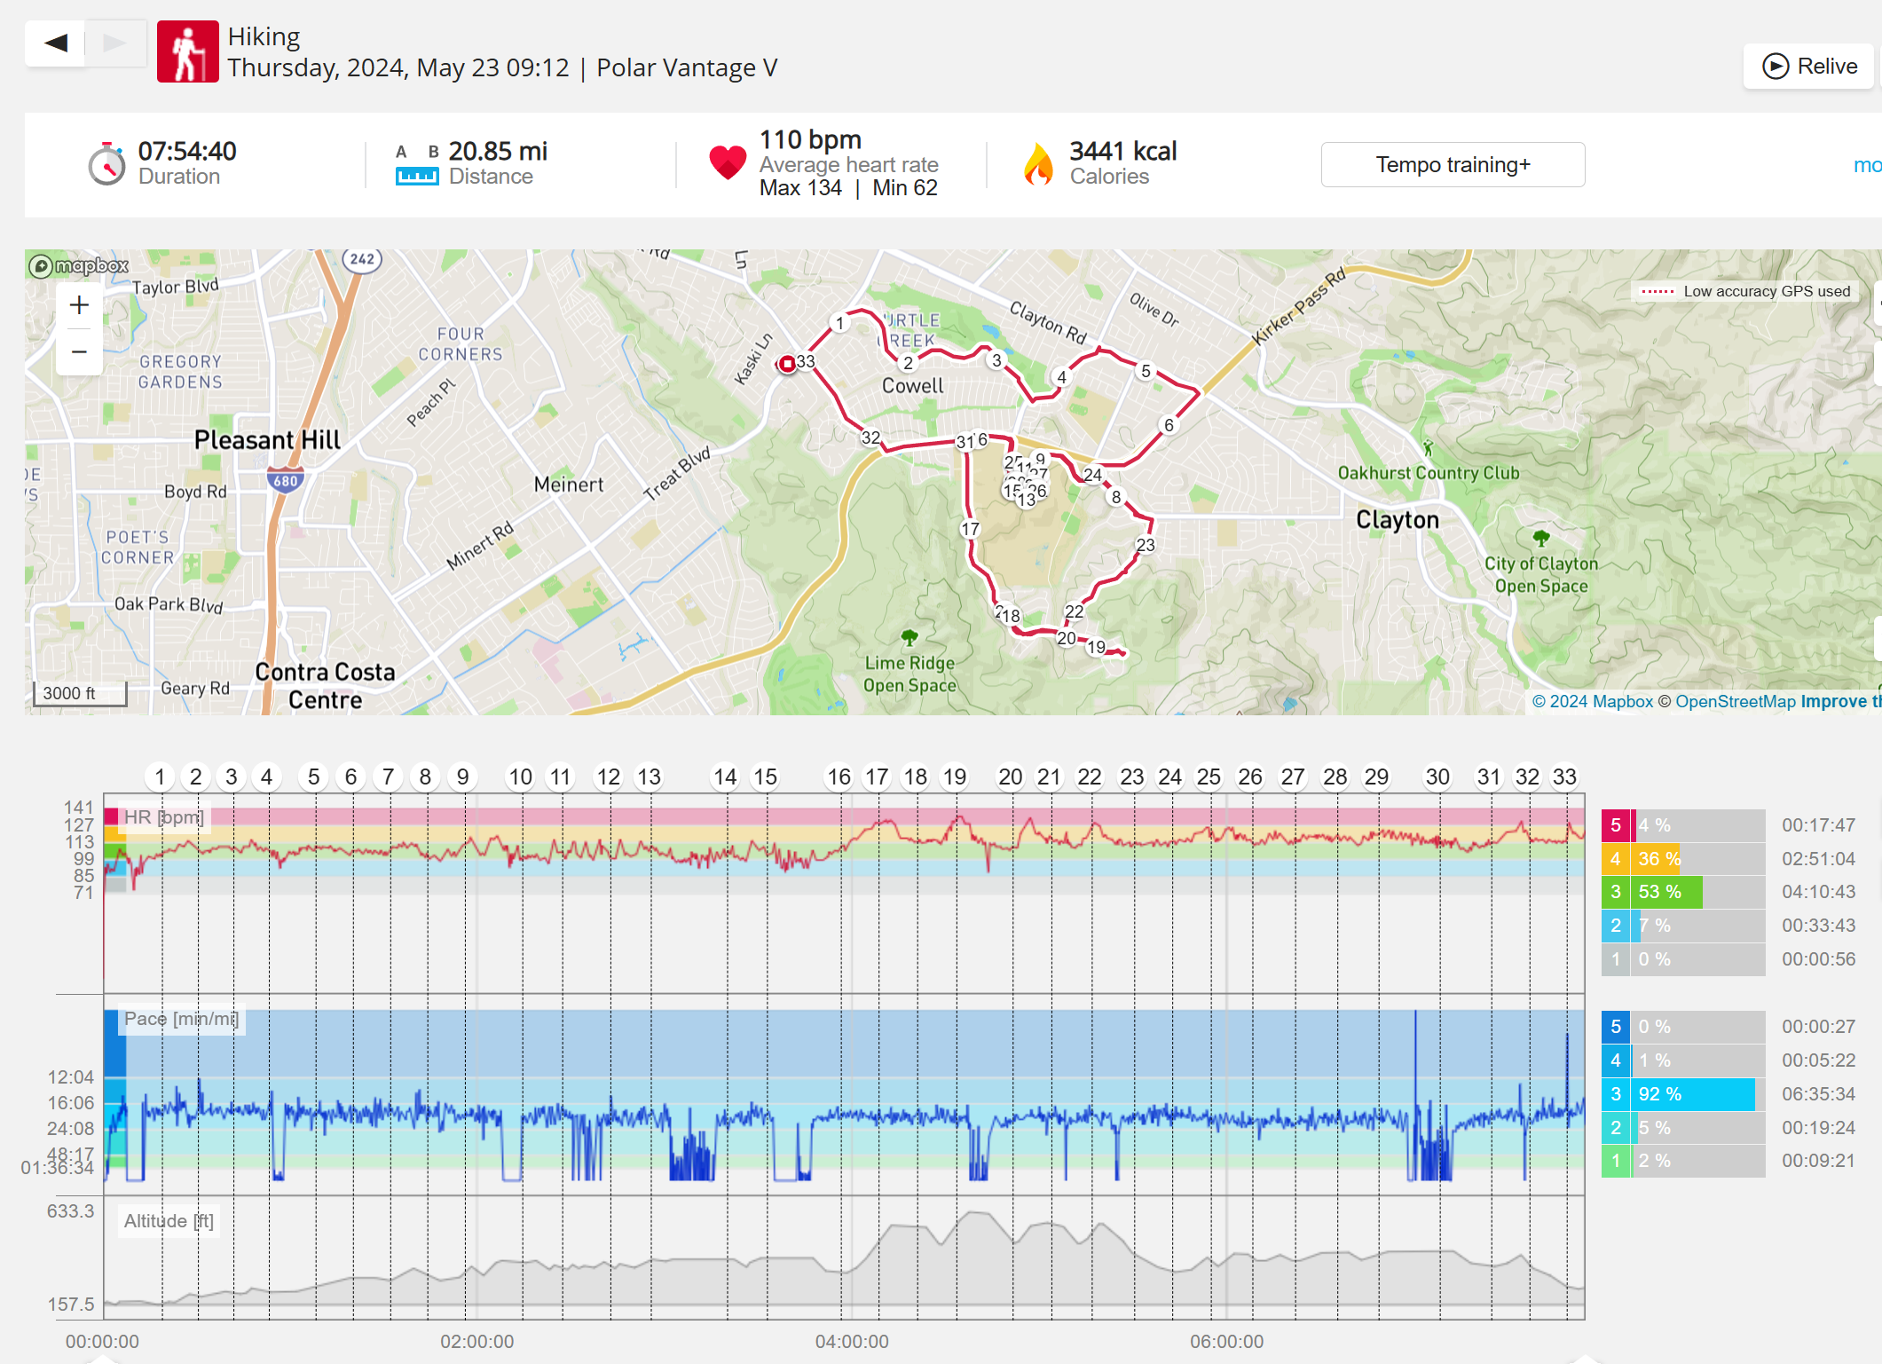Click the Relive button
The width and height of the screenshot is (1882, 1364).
(1809, 67)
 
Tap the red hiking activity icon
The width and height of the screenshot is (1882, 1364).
(187, 52)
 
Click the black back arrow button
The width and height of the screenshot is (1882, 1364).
(55, 43)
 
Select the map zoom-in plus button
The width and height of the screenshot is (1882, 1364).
(79, 305)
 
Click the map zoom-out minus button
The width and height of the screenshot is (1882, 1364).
(79, 352)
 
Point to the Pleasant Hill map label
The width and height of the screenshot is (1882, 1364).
(267, 440)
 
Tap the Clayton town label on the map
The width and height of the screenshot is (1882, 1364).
(1397, 520)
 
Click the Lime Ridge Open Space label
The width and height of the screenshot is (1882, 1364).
(910, 674)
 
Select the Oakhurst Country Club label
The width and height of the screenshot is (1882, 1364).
(1428, 473)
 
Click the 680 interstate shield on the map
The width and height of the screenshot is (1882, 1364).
(286, 480)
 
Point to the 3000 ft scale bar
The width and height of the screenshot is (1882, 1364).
(79, 693)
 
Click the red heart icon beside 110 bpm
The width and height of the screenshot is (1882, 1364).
(728, 162)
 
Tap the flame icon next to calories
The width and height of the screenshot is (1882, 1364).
(1037, 163)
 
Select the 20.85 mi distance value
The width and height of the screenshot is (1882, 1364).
(498, 152)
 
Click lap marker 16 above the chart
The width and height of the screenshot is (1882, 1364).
(839, 777)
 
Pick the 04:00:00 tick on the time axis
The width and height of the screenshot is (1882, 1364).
(852, 1341)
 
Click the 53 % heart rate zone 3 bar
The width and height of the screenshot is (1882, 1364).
(1667, 892)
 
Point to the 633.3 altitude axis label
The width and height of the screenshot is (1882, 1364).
(70, 1211)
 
